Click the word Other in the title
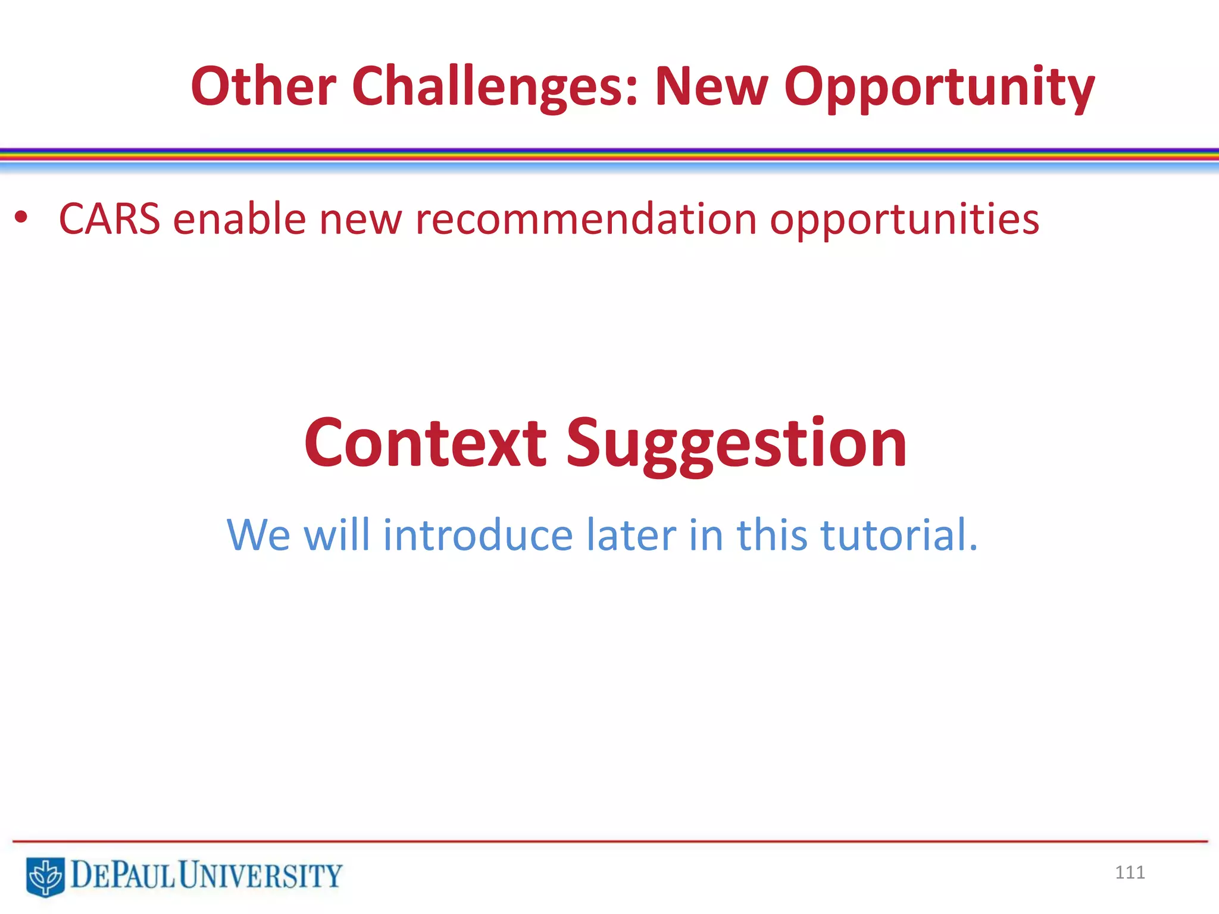click(264, 86)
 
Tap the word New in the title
click(711, 86)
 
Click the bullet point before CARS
click(21, 218)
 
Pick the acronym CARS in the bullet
click(110, 219)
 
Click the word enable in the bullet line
click(239, 219)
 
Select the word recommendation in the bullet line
click(586, 219)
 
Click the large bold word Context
click(425, 443)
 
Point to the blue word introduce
click(478, 534)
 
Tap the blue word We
click(258, 534)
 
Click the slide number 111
click(1130, 872)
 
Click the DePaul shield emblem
click(45, 876)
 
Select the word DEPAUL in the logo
click(122, 875)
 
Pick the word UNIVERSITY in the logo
click(260, 875)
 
